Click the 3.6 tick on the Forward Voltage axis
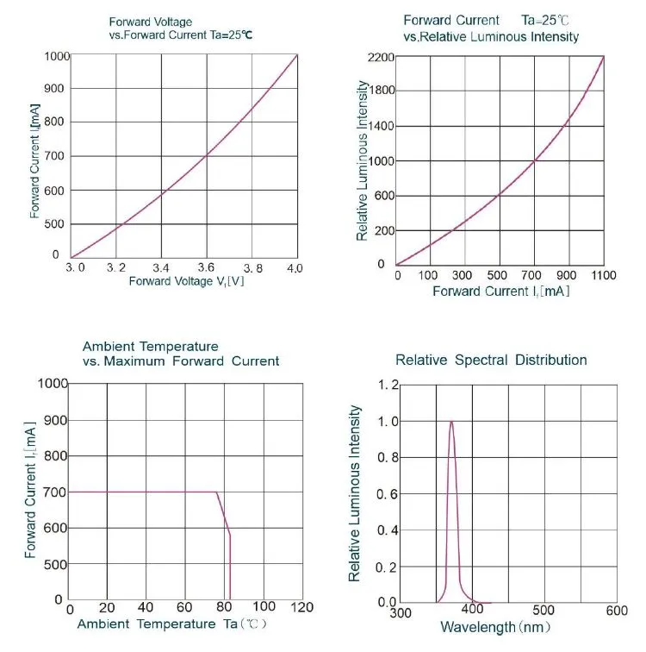pyautogui.click(x=205, y=268)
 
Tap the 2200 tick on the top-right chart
pyautogui.click(x=380, y=58)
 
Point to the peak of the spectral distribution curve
pyautogui.click(x=451, y=422)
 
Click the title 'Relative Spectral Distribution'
pyautogui.click(x=491, y=360)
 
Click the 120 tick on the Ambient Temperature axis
pyautogui.click(x=301, y=607)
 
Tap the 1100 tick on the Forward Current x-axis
pyautogui.click(x=604, y=275)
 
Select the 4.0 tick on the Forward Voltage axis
pyautogui.click(x=295, y=268)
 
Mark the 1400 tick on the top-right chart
pyautogui.click(x=380, y=127)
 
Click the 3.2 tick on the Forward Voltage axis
pyautogui.click(x=116, y=268)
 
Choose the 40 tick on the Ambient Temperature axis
pyautogui.click(x=146, y=607)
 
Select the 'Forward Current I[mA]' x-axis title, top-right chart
pyautogui.click(x=500, y=292)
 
